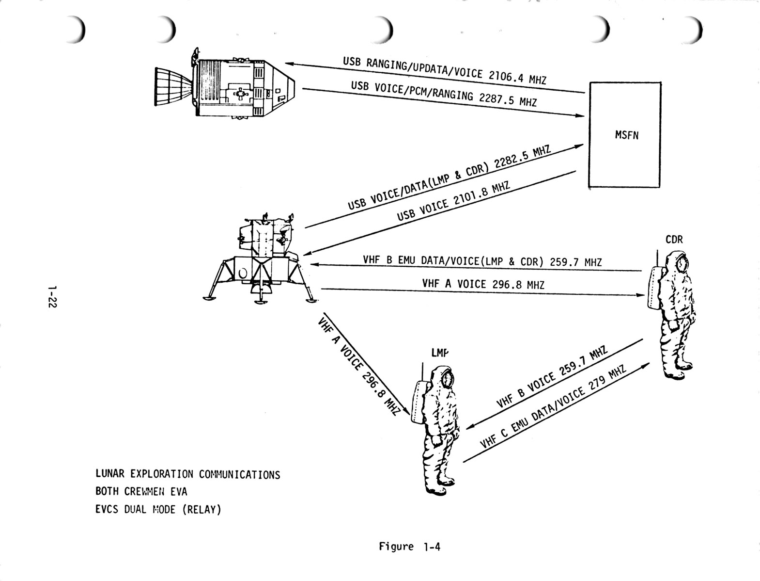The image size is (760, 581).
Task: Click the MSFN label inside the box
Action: pos(626,135)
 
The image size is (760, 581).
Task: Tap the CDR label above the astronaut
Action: pos(674,240)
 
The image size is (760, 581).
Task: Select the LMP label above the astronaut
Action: pos(440,353)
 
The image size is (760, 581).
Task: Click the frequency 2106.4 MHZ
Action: pos(517,77)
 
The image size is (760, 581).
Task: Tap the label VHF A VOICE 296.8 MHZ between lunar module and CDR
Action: pos(483,283)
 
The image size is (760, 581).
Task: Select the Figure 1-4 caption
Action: pos(409,547)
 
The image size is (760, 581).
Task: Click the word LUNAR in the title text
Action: pos(108,474)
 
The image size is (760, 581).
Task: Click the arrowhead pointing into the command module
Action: pos(289,64)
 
